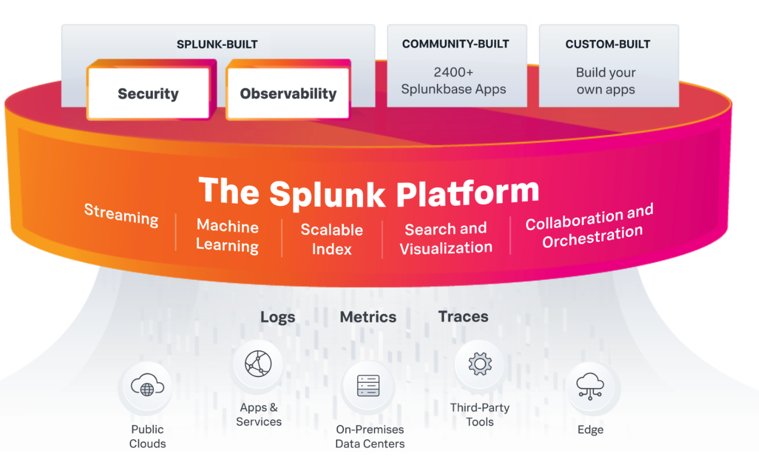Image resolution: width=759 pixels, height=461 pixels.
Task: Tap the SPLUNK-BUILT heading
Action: [217, 44]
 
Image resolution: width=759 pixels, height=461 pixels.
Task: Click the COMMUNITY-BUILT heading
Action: [456, 44]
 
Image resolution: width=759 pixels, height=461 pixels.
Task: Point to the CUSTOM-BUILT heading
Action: [608, 44]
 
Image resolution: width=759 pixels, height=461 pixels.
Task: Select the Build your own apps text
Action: [606, 81]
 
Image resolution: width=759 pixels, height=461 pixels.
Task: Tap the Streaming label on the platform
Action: [121, 214]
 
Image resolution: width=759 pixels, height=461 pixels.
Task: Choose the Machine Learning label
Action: [228, 235]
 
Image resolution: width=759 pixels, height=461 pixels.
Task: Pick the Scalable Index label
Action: [331, 239]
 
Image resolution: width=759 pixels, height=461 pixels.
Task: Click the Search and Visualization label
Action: [446, 238]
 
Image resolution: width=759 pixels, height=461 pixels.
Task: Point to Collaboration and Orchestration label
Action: [590, 226]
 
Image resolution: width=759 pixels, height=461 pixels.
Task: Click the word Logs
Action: [278, 317]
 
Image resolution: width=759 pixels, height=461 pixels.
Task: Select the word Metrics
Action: [368, 317]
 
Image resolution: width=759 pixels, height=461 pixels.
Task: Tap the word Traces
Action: [463, 317]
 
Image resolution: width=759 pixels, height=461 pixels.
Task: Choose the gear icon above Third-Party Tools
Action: [480, 364]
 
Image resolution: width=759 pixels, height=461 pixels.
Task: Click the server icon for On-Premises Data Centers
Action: [368, 386]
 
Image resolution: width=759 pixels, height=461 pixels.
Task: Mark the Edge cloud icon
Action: [590, 386]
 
